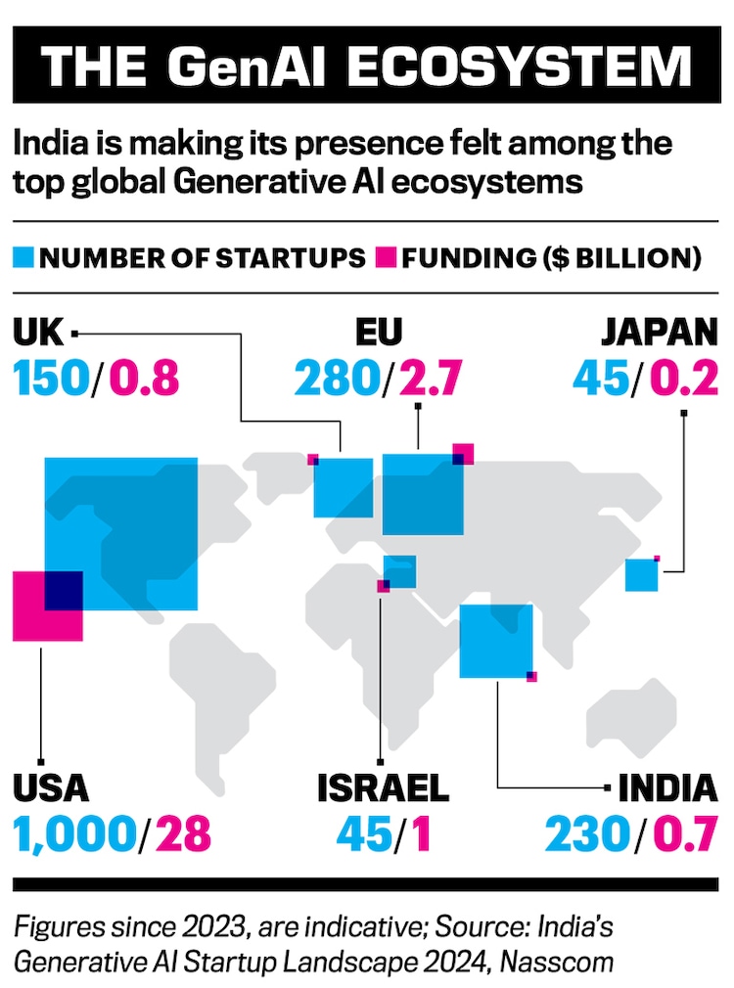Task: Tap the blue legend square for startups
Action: pos(23,259)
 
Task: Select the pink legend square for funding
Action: pos(382,259)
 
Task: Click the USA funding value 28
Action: pos(184,832)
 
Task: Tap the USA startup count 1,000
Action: pos(72,832)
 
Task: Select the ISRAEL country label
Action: pos(382,787)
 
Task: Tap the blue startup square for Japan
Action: pos(641,575)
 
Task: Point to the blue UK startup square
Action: pos(343,487)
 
